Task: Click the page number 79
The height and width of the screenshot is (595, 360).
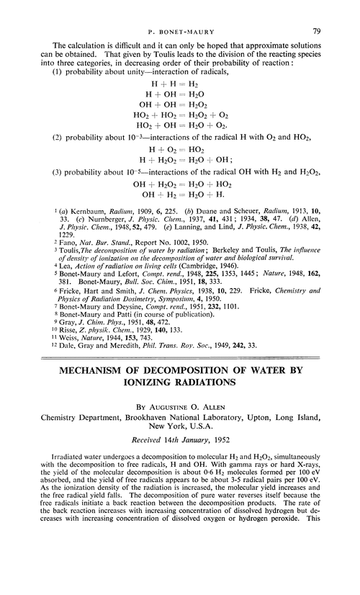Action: pyautogui.click(x=336, y=12)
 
